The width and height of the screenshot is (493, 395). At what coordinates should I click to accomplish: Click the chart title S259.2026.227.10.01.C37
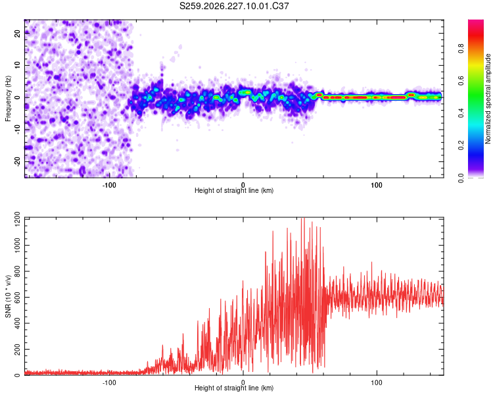(234, 6)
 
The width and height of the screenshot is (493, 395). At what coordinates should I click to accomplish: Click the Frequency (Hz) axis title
(8, 99)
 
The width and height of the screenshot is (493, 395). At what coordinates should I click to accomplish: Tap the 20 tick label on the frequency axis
(17, 33)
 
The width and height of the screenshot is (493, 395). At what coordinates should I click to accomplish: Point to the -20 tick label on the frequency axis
(17, 162)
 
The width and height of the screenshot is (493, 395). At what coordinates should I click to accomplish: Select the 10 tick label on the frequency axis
(17, 65)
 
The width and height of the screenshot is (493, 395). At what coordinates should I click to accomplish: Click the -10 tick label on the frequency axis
(17, 130)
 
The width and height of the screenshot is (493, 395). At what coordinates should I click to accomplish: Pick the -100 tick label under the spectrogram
(109, 185)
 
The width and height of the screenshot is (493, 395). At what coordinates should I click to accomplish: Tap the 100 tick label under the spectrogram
(377, 185)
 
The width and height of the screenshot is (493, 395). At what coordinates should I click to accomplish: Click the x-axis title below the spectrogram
(234, 190)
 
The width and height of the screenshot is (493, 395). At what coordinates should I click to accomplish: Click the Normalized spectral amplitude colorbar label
(488, 99)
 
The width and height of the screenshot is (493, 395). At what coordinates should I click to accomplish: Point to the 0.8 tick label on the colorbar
(461, 49)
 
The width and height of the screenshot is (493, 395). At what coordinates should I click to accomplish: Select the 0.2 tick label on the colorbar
(461, 145)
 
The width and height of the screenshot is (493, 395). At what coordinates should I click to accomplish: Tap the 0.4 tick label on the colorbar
(461, 113)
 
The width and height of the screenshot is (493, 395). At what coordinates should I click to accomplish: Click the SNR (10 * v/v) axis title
(9, 296)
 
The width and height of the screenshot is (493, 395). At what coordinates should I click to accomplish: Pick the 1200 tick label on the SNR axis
(17, 220)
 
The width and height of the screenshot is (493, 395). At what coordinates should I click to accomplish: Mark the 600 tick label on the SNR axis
(17, 298)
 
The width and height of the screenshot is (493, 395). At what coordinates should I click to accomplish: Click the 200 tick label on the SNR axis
(17, 350)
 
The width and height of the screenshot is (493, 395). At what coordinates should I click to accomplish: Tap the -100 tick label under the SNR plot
(109, 382)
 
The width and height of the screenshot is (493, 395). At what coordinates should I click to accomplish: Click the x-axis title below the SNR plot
(234, 388)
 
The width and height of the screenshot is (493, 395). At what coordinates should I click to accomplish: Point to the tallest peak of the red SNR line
(303, 219)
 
